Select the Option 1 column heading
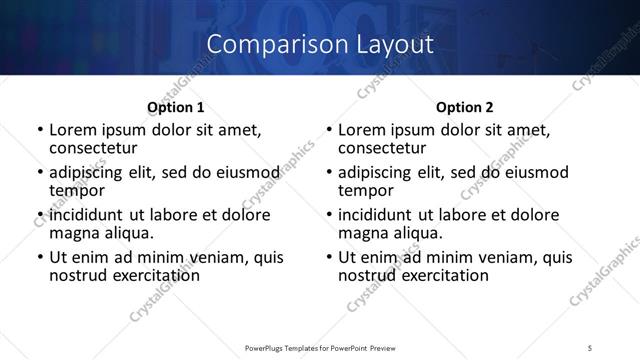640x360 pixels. pos(175,107)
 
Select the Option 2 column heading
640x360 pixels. pos(464,107)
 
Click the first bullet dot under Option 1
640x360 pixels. pos(39,130)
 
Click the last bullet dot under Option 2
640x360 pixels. pos(328,257)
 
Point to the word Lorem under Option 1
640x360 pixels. pos(72,130)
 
